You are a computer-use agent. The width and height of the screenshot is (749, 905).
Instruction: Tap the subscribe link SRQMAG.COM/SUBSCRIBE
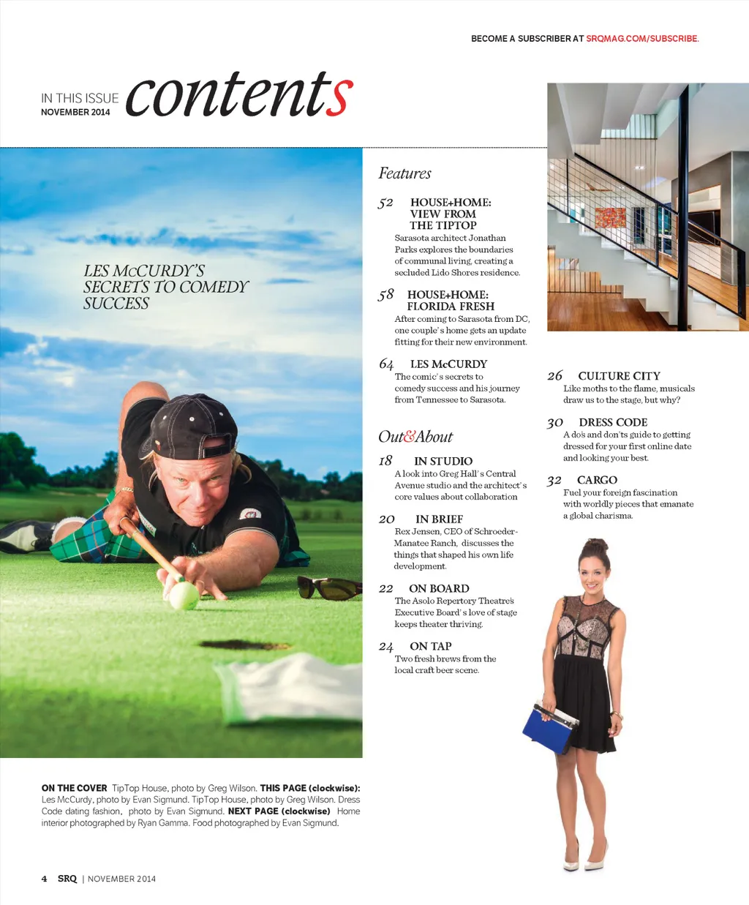[642, 39]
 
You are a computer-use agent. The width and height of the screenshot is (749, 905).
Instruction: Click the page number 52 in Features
[385, 203]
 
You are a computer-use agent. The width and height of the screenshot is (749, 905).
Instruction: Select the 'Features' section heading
[404, 173]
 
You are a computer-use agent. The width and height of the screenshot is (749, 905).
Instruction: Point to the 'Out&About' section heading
[415, 437]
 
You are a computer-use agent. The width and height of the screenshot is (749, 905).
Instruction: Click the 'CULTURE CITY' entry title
[619, 376]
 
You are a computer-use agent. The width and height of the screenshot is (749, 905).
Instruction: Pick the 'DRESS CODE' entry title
[613, 423]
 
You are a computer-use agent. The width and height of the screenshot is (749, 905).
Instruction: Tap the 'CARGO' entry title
[597, 481]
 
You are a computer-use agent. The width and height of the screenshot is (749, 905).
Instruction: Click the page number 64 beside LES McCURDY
[386, 364]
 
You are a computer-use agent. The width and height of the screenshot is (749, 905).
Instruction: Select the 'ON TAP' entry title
[430, 647]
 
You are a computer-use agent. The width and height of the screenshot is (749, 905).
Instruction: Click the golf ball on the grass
[184, 595]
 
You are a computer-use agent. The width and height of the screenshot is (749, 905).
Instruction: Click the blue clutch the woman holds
[547, 726]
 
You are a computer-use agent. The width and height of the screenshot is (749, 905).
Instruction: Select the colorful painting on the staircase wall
[611, 217]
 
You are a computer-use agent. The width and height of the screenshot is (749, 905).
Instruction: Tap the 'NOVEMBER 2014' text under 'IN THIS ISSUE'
[75, 112]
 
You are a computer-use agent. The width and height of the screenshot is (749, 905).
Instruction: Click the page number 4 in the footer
[45, 879]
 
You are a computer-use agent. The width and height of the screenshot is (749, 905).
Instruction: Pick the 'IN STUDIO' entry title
[443, 462]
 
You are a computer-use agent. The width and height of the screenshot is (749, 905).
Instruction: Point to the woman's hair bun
[595, 545]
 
